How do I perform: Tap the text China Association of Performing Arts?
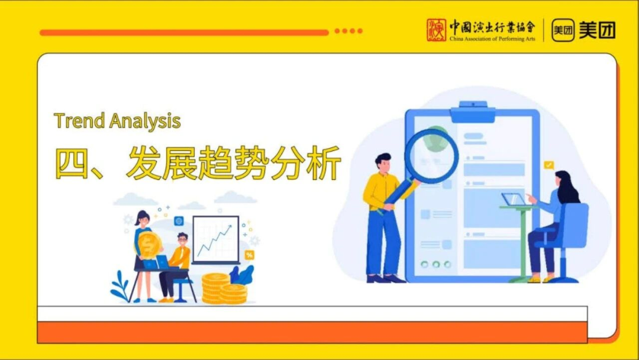[x=492, y=39]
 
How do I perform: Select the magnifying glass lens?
[x=431, y=156]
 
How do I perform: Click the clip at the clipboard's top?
[x=473, y=112]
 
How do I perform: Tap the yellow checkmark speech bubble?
[x=549, y=165]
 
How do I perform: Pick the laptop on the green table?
[x=513, y=200]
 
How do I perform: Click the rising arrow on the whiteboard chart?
[x=215, y=239]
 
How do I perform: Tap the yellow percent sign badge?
[x=249, y=255]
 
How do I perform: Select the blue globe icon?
[x=179, y=221]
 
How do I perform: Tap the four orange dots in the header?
[x=348, y=31]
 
